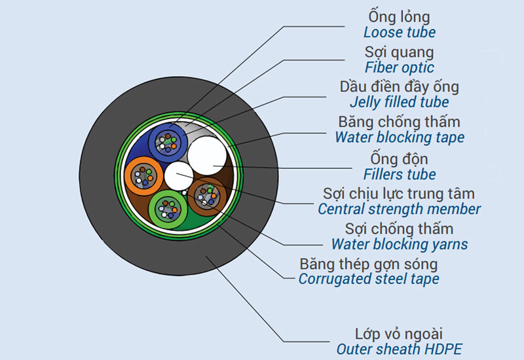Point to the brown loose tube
point(208,194)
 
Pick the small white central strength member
point(178,175)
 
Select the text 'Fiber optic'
point(400,67)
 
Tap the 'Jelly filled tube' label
point(400,102)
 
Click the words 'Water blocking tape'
point(400,137)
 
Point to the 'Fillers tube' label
point(400,174)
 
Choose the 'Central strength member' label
point(400,209)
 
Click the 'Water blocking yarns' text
point(400,244)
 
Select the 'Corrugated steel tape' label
point(369,279)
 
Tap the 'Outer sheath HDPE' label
point(400,350)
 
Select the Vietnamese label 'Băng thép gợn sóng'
point(369,264)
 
